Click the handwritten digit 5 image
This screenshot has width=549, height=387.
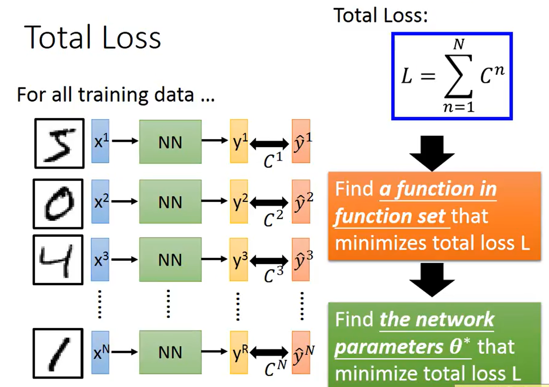tap(59, 143)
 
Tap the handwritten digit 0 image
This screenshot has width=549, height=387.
tap(58, 204)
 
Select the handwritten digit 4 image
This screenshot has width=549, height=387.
tap(58, 260)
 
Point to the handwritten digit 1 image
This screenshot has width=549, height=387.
tap(58, 353)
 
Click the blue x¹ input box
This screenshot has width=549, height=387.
tap(100, 141)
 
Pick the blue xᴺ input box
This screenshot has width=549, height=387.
tap(100, 352)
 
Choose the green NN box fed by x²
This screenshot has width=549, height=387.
tap(170, 202)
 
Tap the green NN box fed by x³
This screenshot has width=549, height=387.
tap(170, 259)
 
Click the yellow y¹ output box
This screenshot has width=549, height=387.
tap(239, 141)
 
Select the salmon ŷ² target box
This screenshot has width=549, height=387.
tap(301, 202)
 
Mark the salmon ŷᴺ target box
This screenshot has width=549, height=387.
tap(301, 352)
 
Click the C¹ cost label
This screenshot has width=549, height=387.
tap(273, 160)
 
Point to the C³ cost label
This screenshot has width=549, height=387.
tap(273, 275)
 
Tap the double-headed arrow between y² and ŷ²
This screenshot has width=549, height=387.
tap(269, 202)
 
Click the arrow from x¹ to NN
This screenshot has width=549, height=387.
tap(125, 141)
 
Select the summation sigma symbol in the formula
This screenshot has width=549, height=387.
tap(458, 76)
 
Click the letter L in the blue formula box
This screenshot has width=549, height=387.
tap(407, 76)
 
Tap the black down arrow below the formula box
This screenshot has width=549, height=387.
tap(432, 153)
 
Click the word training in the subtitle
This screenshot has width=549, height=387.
tap(113, 95)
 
